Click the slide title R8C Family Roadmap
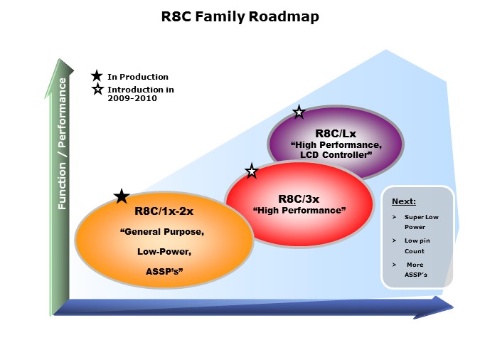click(x=240, y=16)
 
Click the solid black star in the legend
click(x=97, y=75)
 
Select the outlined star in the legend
click(x=97, y=90)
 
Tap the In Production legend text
click(x=138, y=77)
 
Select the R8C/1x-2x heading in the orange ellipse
click(x=164, y=211)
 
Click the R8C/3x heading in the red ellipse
click(x=299, y=199)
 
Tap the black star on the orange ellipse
click(x=122, y=196)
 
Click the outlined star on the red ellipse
click(x=251, y=171)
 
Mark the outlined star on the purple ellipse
click(x=299, y=112)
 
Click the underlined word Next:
click(x=404, y=201)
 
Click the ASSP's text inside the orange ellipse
click(x=164, y=271)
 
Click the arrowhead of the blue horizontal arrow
click(x=444, y=306)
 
